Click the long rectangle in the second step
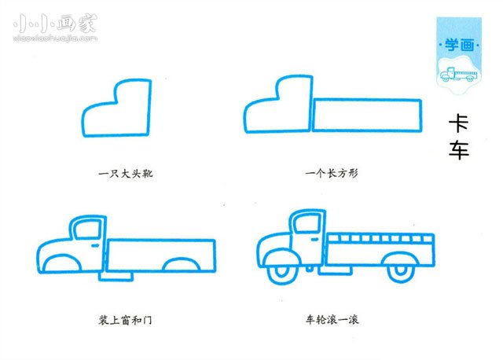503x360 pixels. [367, 115]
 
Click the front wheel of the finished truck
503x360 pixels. [281, 271]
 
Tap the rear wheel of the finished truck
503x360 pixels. [400, 271]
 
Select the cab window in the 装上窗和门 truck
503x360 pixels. [86, 228]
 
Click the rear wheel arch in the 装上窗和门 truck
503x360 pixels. [180, 266]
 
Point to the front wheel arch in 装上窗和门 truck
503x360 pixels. [60, 264]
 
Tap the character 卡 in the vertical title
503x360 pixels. [459, 124]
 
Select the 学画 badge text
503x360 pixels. [456, 46]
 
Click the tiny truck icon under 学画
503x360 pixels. [458, 75]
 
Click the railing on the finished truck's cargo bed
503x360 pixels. [380, 237]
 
